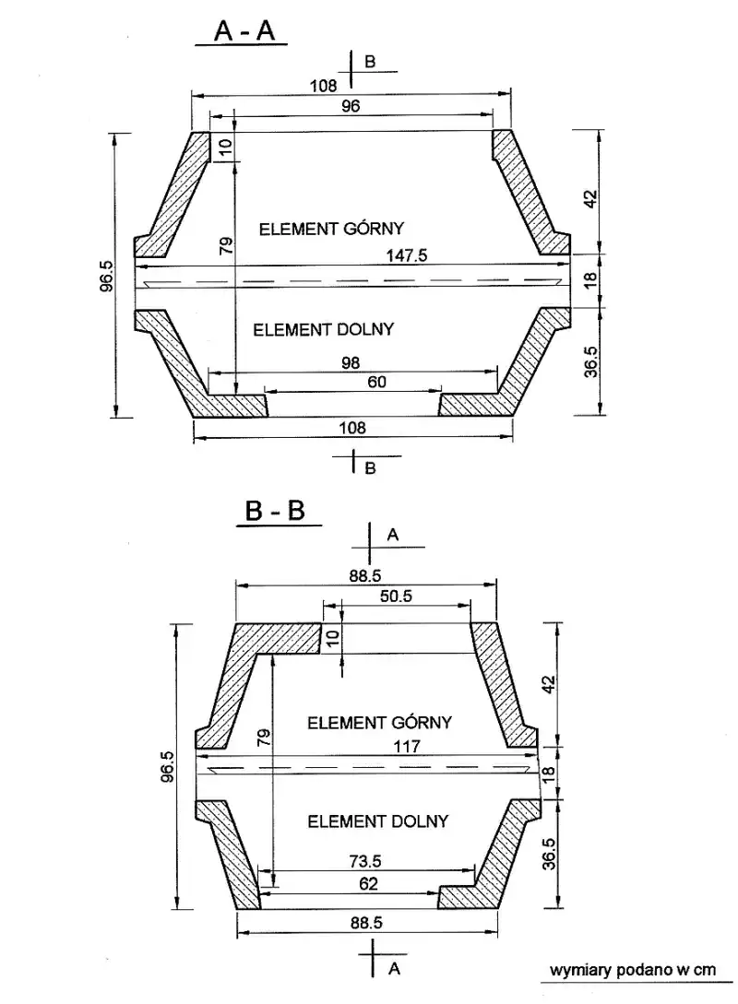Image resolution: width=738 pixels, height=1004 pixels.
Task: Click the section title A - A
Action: pos(244,30)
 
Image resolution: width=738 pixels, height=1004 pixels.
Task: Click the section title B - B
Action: pos(275,511)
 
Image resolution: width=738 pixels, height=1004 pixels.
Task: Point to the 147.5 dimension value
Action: pos(406,255)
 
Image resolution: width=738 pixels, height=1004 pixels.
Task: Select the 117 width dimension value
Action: pos(407,746)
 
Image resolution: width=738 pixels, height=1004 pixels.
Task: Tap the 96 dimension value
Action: pos(351,106)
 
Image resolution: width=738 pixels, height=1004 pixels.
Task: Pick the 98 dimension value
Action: pos(351,362)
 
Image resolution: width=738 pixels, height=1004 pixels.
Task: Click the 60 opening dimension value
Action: pos(376,382)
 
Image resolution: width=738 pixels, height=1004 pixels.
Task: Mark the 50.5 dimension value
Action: pos(396,596)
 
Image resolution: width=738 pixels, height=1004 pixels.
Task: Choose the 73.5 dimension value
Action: pos(365,861)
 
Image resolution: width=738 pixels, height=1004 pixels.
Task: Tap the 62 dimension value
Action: pos(368,883)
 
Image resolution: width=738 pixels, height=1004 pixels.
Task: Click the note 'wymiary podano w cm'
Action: pos(632,970)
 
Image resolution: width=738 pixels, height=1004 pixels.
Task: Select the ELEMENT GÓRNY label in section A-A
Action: pos(331,228)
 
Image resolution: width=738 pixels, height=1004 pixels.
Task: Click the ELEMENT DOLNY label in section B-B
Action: pos(378,821)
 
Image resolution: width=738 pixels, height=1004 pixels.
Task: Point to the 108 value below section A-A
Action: pos(352,428)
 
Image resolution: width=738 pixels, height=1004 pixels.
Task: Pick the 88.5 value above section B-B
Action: pos(365,575)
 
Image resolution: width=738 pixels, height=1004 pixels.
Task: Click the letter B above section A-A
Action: pos(370,62)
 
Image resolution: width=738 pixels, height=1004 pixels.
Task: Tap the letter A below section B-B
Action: pos(394,969)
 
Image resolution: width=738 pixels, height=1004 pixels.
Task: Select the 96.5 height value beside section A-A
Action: pos(106,276)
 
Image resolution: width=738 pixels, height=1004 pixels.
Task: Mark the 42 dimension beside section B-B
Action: pos(549,684)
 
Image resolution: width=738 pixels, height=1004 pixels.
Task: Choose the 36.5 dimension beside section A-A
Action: pos(590,361)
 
